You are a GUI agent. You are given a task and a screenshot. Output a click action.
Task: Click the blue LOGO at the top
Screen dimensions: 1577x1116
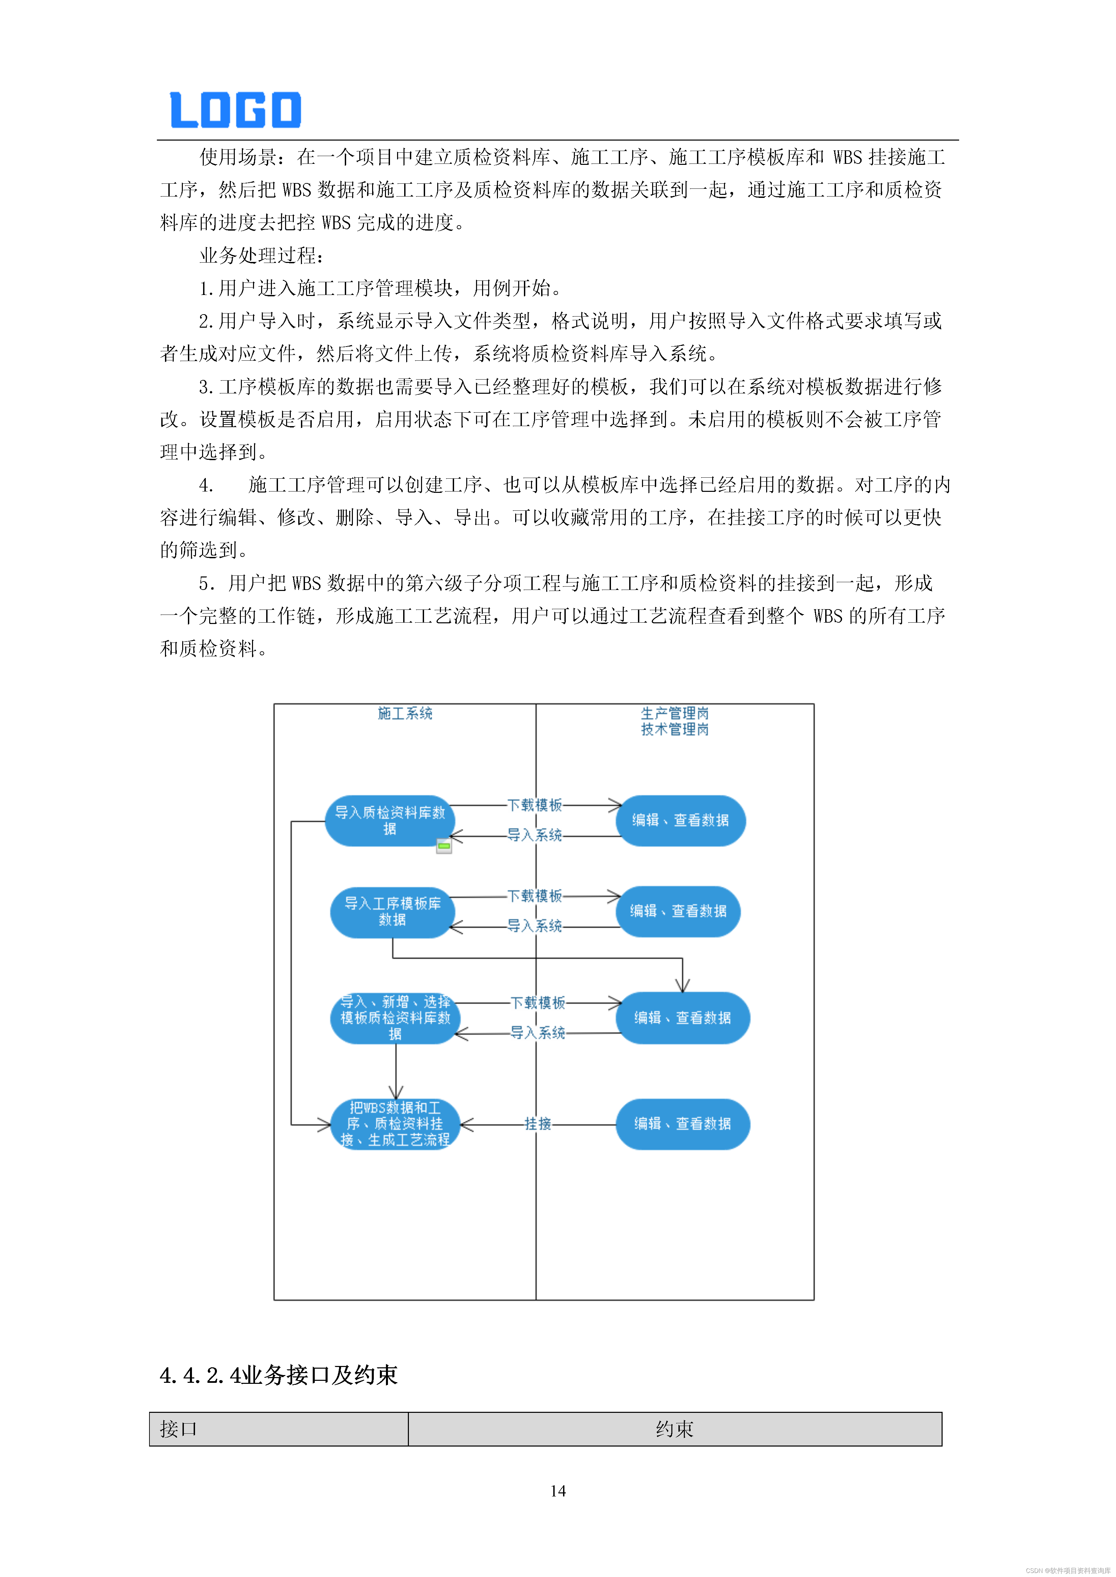236,110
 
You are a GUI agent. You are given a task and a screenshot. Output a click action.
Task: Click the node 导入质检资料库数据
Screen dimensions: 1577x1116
390,821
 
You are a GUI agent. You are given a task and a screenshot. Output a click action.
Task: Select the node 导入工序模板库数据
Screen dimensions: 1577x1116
392,912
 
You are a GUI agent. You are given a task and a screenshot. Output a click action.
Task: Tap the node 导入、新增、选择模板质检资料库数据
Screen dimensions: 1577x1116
395,1018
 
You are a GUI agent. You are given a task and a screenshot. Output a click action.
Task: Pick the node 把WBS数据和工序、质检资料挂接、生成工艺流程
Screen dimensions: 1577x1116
395,1124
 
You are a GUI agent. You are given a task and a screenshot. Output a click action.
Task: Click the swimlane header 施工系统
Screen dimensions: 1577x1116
405,714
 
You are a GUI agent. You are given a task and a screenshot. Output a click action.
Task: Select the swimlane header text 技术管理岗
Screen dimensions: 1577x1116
675,730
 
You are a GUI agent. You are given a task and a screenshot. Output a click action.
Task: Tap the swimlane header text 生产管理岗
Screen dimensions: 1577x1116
675,714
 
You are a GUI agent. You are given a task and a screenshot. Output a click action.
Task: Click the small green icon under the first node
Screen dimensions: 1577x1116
444,846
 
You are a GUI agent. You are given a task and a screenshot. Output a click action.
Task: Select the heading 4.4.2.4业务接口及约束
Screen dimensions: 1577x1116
278,1375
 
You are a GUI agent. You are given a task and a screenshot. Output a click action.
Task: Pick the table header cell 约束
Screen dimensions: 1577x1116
674,1429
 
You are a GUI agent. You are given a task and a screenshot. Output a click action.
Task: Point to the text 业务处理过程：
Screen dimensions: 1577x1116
261,256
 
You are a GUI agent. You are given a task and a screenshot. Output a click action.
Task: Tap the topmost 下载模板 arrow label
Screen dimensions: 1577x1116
535,805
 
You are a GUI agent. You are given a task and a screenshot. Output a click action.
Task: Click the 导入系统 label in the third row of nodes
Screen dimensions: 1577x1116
537,1033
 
